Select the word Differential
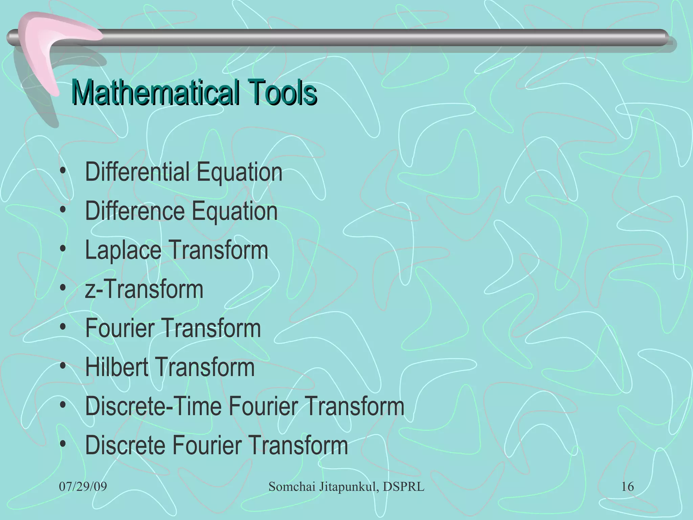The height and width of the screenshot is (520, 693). [137, 172]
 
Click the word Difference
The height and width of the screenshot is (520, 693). [135, 211]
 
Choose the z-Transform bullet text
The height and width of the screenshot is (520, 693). [144, 289]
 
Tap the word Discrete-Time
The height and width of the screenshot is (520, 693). [153, 406]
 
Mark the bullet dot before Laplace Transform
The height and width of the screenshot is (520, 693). [63, 250]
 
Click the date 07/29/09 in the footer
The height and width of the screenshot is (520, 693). [83, 487]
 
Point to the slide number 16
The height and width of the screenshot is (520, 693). [627, 487]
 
